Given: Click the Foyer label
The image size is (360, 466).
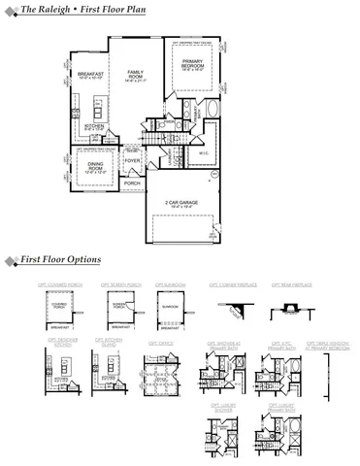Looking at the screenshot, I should [x=147, y=160].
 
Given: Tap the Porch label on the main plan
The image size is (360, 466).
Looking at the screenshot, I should [x=133, y=183].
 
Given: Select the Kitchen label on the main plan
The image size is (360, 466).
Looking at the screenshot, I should [x=94, y=127].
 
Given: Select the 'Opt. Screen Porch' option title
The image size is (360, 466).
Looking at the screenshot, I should [x=121, y=285].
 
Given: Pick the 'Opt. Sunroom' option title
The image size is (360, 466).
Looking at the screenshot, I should [x=171, y=285].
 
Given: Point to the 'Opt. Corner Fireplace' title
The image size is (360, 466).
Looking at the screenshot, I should [x=233, y=285].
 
